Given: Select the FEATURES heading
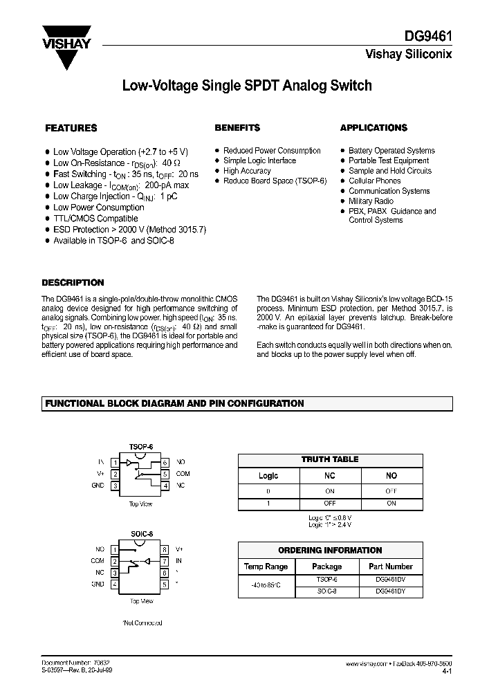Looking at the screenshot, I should (x=71, y=128).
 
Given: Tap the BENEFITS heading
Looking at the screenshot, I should (x=237, y=128).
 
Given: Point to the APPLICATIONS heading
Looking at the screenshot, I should (x=373, y=128).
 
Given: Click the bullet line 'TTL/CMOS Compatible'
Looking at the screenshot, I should (x=96, y=219).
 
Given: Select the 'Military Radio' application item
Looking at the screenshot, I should (x=371, y=201).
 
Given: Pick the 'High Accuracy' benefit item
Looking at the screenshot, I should (x=247, y=171).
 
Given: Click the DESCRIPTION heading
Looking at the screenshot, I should (x=73, y=283).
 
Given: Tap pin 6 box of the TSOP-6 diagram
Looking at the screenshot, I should (x=165, y=461).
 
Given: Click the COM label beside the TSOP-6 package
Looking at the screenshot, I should (x=183, y=474).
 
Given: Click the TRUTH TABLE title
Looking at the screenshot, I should (x=331, y=459).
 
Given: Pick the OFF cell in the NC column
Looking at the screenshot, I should (x=331, y=504).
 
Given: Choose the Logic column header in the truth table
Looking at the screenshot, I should (x=268, y=476).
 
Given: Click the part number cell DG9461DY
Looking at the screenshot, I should (x=390, y=592).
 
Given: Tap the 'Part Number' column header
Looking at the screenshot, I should (x=390, y=567).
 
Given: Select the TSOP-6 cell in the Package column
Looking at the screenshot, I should (x=326, y=580).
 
